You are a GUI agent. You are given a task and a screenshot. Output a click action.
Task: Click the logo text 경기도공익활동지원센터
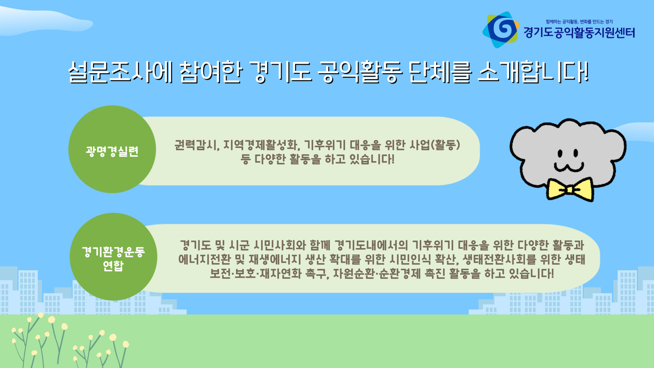click(x=579, y=33)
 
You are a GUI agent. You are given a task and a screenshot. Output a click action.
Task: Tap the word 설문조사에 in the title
click(x=121, y=72)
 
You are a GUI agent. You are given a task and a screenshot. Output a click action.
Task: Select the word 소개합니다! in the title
click(x=533, y=72)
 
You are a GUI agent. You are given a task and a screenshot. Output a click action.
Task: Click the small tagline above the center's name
click(x=579, y=21)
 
